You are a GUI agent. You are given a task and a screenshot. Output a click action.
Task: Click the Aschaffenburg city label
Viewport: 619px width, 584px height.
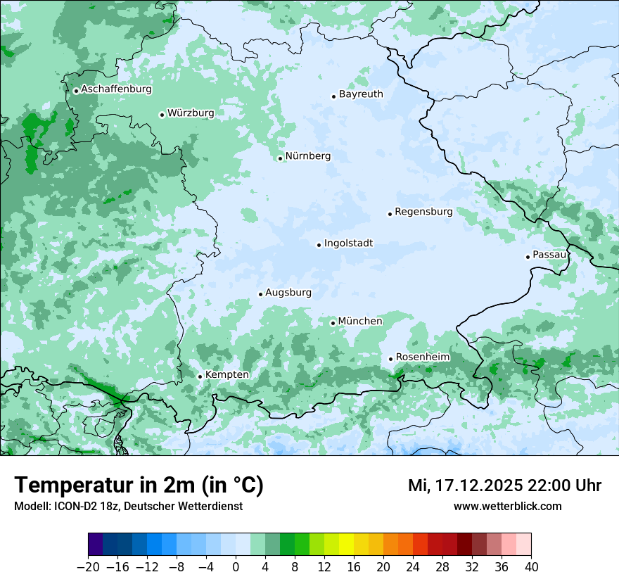click(116, 89)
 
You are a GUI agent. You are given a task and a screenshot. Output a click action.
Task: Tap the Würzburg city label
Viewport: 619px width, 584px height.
click(191, 113)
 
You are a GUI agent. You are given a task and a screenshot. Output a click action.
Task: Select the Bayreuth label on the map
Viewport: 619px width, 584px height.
click(361, 94)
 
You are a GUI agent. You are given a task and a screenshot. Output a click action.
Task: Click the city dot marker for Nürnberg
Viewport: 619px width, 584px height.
click(280, 158)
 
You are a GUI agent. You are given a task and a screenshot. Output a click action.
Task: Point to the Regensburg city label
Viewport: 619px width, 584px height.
click(423, 211)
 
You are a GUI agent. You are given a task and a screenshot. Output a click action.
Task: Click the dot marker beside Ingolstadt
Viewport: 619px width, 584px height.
click(319, 246)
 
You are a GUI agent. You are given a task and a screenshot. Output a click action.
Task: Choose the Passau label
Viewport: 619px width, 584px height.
click(549, 254)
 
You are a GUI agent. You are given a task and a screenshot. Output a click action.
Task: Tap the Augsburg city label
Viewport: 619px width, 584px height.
click(288, 292)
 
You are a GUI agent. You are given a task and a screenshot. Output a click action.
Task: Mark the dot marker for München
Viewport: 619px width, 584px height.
click(333, 323)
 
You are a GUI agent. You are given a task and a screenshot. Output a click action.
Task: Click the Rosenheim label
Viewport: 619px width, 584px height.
click(422, 357)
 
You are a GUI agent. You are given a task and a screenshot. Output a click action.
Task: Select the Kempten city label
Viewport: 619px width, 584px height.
click(226, 374)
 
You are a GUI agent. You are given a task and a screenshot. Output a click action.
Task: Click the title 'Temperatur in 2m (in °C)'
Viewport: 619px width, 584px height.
click(139, 485)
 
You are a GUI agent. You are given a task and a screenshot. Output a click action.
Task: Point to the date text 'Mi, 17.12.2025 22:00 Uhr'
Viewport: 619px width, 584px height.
click(504, 485)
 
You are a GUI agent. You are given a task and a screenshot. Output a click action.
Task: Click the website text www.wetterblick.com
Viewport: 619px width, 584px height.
click(507, 506)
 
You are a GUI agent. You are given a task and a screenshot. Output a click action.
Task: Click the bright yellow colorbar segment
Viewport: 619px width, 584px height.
click(346, 545)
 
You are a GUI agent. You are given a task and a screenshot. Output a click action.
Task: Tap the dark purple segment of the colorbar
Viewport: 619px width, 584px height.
click(95, 545)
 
